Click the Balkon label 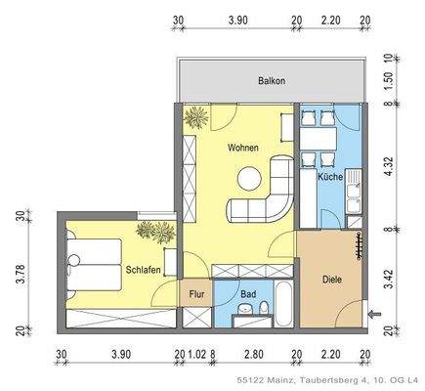point(272,81)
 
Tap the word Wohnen point(243,148)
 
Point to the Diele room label point(331,280)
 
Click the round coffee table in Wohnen point(251,178)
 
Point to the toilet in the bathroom point(264,311)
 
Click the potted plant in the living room point(195,116)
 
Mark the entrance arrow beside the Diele point(375,313)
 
